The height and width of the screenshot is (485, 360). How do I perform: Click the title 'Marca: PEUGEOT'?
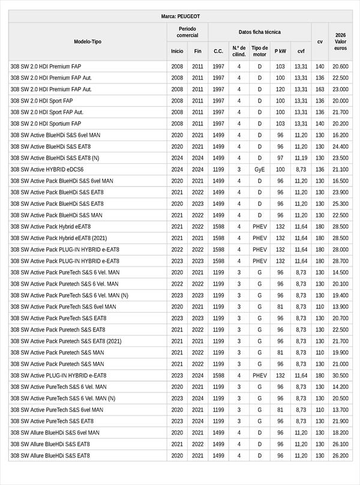(x=181, y=16)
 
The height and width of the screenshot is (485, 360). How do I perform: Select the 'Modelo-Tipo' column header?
(x=88, y=41)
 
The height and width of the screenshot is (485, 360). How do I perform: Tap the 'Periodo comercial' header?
(x=187, y=32)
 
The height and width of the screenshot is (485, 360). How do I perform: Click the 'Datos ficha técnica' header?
(x=259, y=32)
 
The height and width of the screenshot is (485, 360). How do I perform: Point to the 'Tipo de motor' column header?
(x=260, y=51)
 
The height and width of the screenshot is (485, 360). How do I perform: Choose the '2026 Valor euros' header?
(x=340, y=41)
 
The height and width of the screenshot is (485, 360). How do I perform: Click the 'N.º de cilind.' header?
(x=239, y=51)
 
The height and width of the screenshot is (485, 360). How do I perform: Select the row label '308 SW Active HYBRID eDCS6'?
(x=47, y=170)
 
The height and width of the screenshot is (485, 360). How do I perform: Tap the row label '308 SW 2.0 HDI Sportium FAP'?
(x=46, y=124)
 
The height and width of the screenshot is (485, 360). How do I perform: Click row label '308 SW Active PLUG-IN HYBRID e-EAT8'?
(x=58, y=376)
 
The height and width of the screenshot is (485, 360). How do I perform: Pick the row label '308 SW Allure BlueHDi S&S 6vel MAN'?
(x=55, y=433)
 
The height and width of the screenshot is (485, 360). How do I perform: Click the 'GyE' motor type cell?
(x=260, y=170)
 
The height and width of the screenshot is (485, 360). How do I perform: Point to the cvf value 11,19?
(x=301, y=158)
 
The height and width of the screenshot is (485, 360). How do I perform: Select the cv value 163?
(x=320, y=89)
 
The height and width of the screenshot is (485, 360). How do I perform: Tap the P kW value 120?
(x=280, y=89)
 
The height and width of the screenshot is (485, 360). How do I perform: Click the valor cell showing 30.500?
(x=340, y=376)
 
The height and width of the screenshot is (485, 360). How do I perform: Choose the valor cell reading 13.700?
(x=340, y=410)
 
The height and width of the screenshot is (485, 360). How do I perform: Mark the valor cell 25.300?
(x=340, y=204)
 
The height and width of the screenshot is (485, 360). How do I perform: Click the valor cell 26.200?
(x=340, y=456)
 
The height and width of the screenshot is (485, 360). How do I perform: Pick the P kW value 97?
(x=280, y=158)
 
